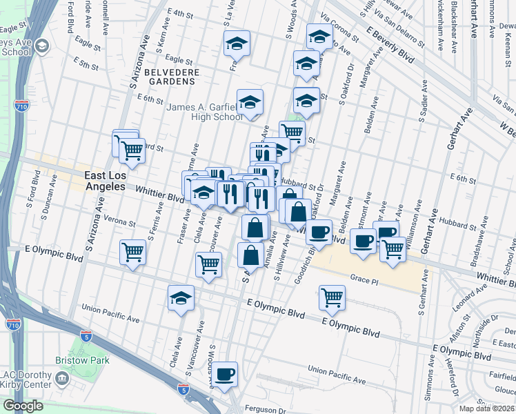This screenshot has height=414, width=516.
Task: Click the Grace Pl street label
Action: point(365,278)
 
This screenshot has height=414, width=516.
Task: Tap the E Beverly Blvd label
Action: point(390,46)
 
